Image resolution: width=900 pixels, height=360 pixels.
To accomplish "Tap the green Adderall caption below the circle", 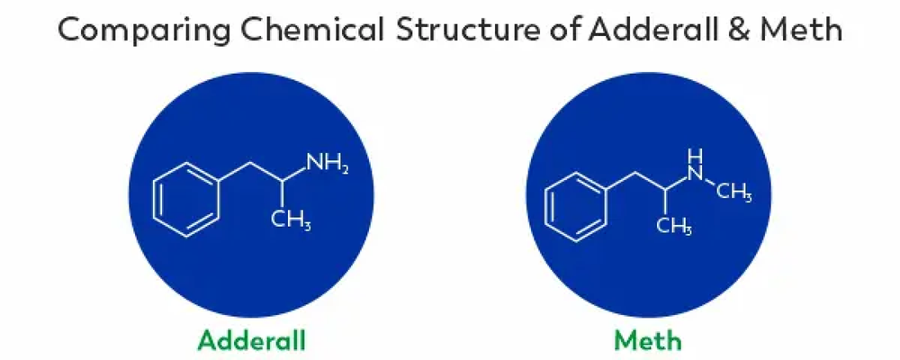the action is (252, 341).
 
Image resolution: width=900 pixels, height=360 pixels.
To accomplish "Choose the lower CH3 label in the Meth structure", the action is (672, 226).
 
